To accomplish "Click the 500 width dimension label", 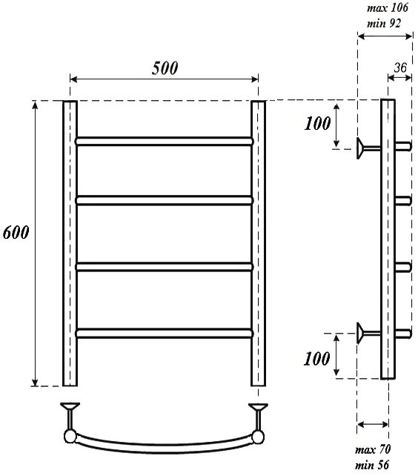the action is (x=165, y=67).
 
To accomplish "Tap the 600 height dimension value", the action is (x=16, y=233).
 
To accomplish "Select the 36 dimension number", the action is (x=400, y=67).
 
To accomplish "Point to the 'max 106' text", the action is (x=388, y=8).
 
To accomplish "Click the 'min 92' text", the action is (x=384, y=24).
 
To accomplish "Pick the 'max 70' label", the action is (x=373, y=449).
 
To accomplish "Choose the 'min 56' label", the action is (x=372, y=465).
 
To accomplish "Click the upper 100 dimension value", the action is (x=317, y=124).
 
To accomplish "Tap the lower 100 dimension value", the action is (x=317, y=359).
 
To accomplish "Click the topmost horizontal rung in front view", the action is (x=165, y=141).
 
